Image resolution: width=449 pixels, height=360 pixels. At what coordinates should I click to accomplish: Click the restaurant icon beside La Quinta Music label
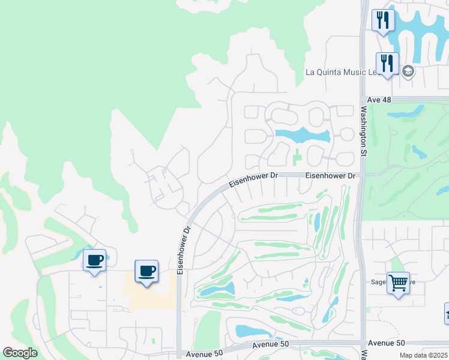pyautogui.click(x=387, y=63)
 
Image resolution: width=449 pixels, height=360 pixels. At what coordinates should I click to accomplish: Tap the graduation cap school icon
pyautogui.click(x=408, y=72)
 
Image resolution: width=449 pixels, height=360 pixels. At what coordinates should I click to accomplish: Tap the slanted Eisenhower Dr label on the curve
pyautogui.click(x=254, y=178)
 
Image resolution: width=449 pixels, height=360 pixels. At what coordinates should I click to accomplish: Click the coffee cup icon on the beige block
pyautogui.click(x=146, y=271)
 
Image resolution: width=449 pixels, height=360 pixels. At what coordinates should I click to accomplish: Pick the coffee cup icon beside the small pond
pyautogui.click(x=94, y=260)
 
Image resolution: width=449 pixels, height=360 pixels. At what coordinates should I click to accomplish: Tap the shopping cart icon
pyautogui.click(x=399, y=282)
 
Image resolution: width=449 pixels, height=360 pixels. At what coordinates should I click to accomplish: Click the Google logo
pyautogui.click(x=20, y=353)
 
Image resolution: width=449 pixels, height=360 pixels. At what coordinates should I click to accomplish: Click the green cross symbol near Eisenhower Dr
pyautogui.click(x=298, y=158)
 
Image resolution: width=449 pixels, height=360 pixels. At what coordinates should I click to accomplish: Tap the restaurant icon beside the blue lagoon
pyautogui.click(x=382, y=20)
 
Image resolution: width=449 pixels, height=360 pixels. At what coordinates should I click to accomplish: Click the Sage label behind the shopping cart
pyautogui.click(x=379, y=281)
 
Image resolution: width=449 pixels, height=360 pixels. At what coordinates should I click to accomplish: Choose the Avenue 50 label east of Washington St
pyautogui.click(x=387, y=343)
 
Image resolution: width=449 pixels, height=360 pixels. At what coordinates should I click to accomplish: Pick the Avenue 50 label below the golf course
pyautogui.click(x=270, y=344)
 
